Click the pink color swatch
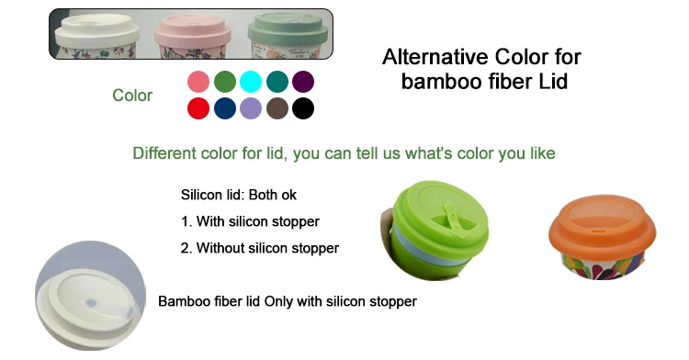pos(198,82)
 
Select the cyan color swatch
pos(251,82)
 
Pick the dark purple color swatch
pos(303,82)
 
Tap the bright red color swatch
pos(198,108)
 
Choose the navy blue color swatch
pos(225,108)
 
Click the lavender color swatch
pos(251,108)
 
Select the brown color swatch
pos(277,108)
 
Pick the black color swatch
pos(303,108)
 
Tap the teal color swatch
pos(277,82)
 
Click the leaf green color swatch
pos(225,82)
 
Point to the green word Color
pos(132,96)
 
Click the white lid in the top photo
pos(96,30)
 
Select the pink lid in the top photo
pos(193,30)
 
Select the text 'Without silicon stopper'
pos(267,248)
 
